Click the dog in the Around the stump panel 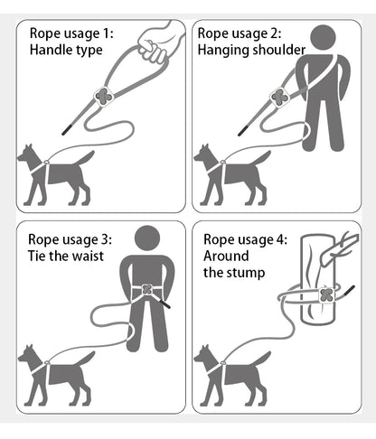[x=231, y=373]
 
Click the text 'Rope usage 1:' [x=70, y=33]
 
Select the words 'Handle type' [x=67, y=51]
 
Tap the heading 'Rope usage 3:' [x=70, y=239]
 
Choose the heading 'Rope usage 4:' [x=245, y=239]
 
